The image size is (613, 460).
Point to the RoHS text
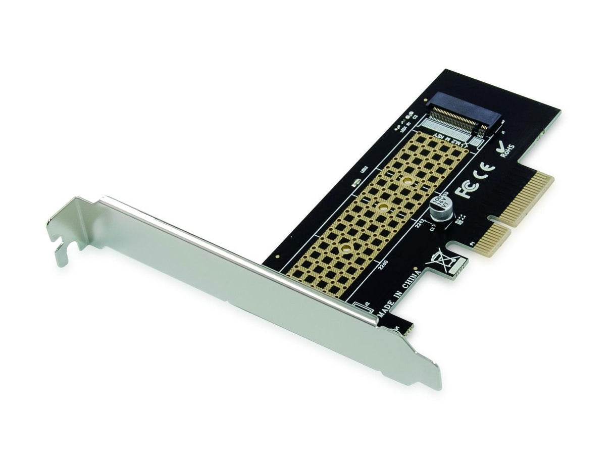point(507,150)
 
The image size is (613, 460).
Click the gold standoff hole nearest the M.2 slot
point(407,180)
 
